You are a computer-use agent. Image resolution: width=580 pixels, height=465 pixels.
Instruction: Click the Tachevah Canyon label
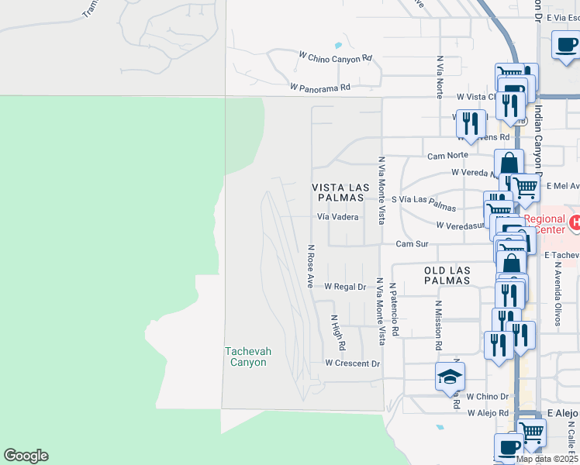click(x=248, y=356)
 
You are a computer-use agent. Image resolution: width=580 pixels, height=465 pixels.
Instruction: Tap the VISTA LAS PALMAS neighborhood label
click(x=337, y=193)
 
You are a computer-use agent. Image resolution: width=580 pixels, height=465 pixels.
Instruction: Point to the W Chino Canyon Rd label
click(x=336, y=57)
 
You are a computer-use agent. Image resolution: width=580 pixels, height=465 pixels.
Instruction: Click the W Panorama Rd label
click(x=320, y=88)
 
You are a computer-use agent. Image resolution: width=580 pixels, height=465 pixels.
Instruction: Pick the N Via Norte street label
click(x=440, y=76)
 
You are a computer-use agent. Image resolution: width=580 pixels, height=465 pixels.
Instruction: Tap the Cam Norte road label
click(x=445, y=156)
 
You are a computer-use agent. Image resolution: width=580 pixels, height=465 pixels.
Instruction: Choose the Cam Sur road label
click(x=412, y=243)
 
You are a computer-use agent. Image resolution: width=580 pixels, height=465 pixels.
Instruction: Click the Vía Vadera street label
click(x=337, y=218)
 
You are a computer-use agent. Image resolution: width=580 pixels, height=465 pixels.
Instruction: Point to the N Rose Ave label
click(x=310, y=266)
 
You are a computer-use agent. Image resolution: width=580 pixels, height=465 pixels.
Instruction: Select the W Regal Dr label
click(x=344, y=287)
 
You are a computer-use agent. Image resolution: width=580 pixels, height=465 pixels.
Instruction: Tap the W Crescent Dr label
click(x=353, y=363)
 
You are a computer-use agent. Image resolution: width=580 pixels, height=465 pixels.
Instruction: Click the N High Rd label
click(x=337, y=331)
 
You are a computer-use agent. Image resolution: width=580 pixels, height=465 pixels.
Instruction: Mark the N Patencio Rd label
click(x=395, y=308)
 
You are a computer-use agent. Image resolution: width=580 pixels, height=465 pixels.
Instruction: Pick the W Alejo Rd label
click(x=487, y=413)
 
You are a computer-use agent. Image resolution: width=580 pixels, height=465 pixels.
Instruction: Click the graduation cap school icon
click(x=450, y=377)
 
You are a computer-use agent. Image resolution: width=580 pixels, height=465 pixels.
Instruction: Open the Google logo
click(x=26, y=456)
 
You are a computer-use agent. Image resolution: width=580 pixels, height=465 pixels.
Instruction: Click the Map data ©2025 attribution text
click(x=547, y=459)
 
